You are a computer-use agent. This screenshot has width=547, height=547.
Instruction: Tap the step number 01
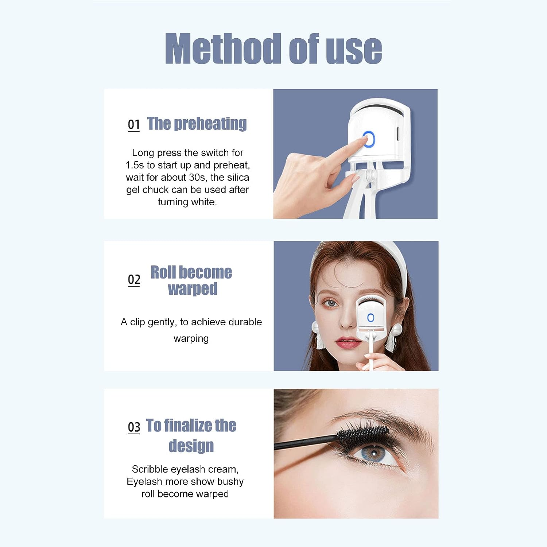click(134, 125)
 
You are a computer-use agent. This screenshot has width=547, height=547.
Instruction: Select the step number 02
click(134, 280)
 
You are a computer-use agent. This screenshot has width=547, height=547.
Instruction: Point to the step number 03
click(134, 427)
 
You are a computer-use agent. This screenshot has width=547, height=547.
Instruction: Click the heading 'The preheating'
click(197, 124)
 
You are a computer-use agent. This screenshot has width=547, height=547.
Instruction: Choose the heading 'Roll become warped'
click(191, 280)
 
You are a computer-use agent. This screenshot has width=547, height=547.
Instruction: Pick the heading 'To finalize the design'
click(191, 435)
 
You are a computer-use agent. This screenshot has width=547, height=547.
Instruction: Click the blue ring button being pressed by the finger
click(369, 140)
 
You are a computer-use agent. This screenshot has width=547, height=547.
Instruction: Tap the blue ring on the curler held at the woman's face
click(371, 318)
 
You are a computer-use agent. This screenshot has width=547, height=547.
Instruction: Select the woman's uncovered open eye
click(331, 303)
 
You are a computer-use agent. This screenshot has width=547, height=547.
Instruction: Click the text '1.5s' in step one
click(135, 165)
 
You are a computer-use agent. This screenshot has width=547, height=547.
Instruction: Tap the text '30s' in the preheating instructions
click(197, 178)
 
